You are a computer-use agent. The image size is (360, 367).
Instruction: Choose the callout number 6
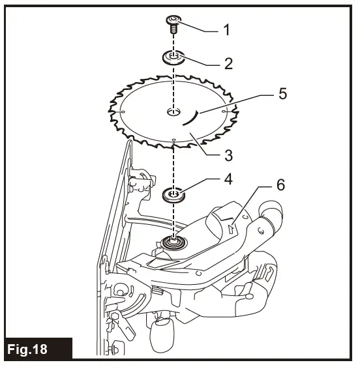[281, 184]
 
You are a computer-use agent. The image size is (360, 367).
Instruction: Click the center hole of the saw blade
[173, 112]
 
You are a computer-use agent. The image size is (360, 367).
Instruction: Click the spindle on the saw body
[175, 242]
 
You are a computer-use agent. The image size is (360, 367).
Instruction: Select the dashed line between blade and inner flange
[174, 163]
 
